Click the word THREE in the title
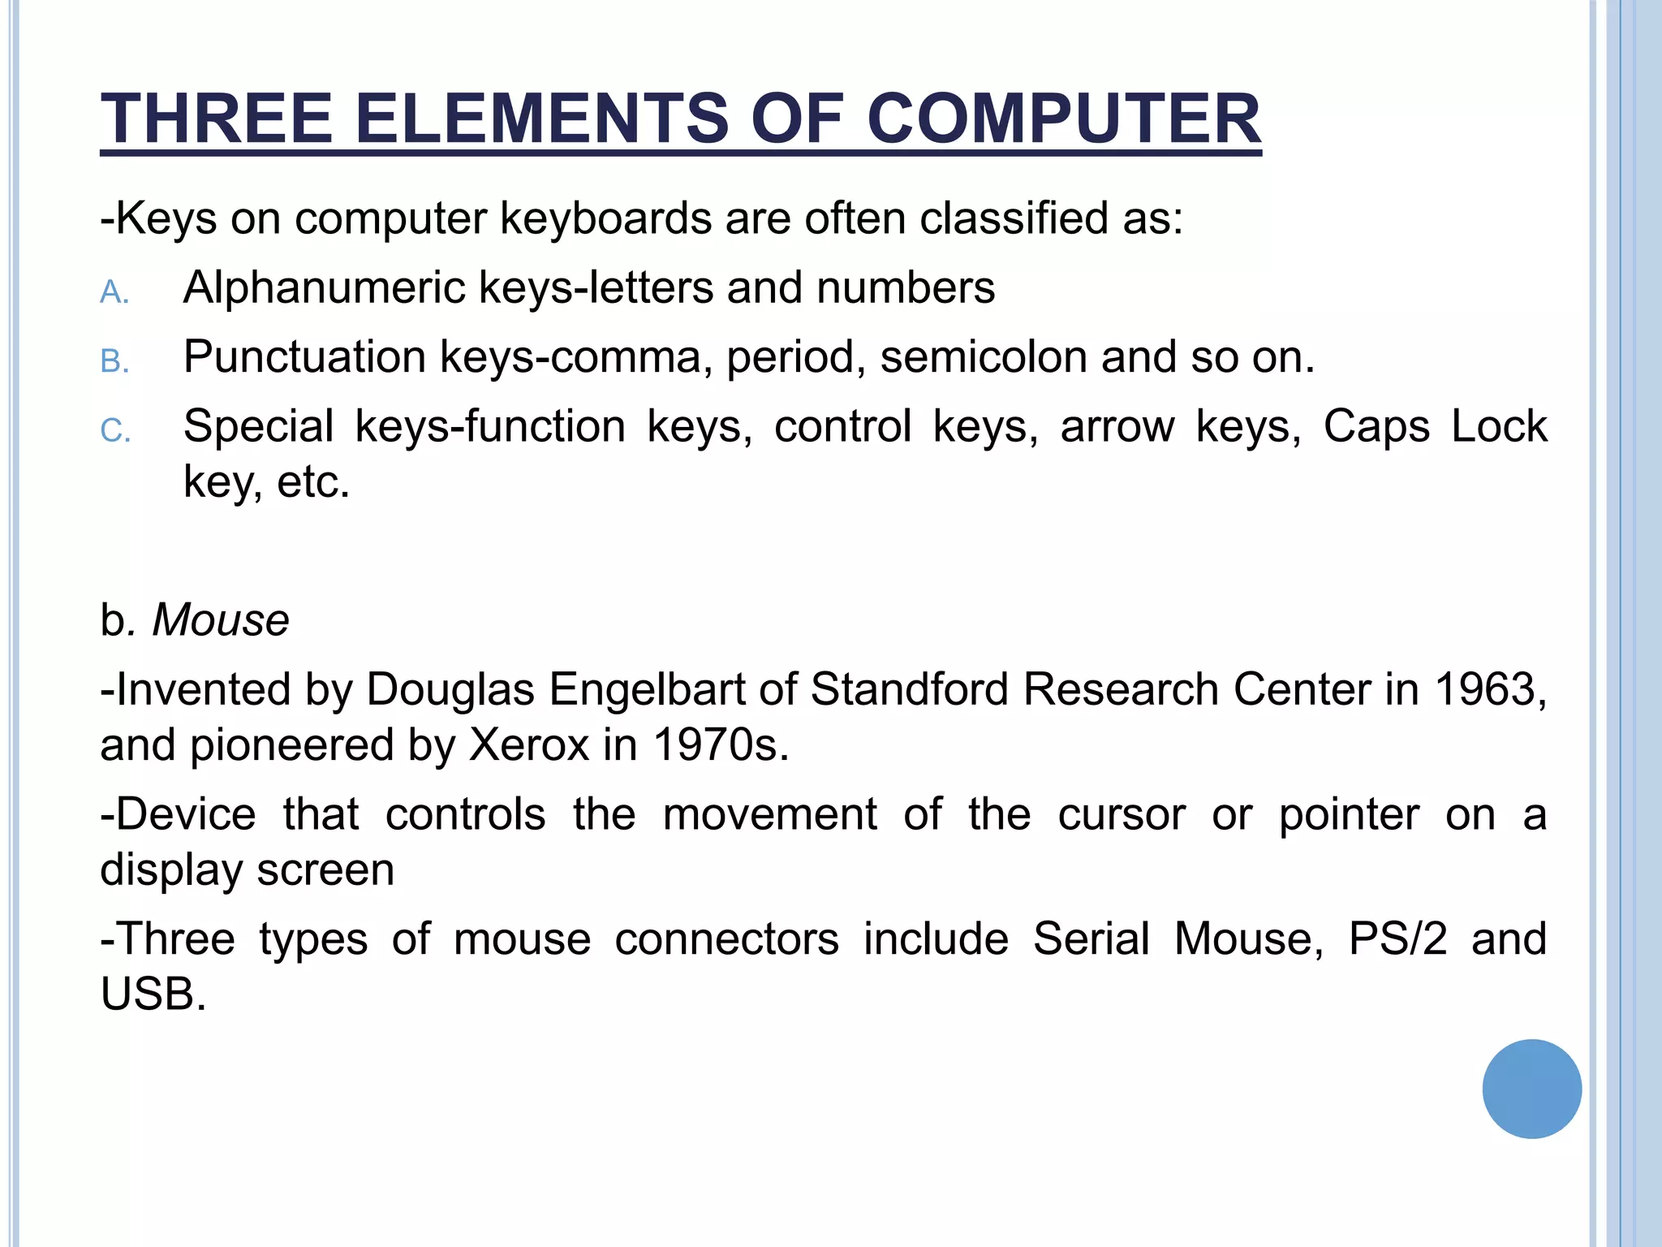click(x=217, y=119)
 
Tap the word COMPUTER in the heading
click(x=1064, y=119)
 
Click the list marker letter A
click(x=114, y=292)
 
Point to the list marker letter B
click(x=114, y=361)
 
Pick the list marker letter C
click(x=114, y=430)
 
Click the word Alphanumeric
click(x=324, y=287)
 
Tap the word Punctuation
click(x=305, y=356)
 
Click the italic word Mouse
click(x=221, y=620)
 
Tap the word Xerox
click(x=529, y=744)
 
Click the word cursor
click(x=1122, y=814)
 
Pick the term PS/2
click(x=1397, y=938)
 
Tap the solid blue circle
click(x=1531, y=1089)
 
